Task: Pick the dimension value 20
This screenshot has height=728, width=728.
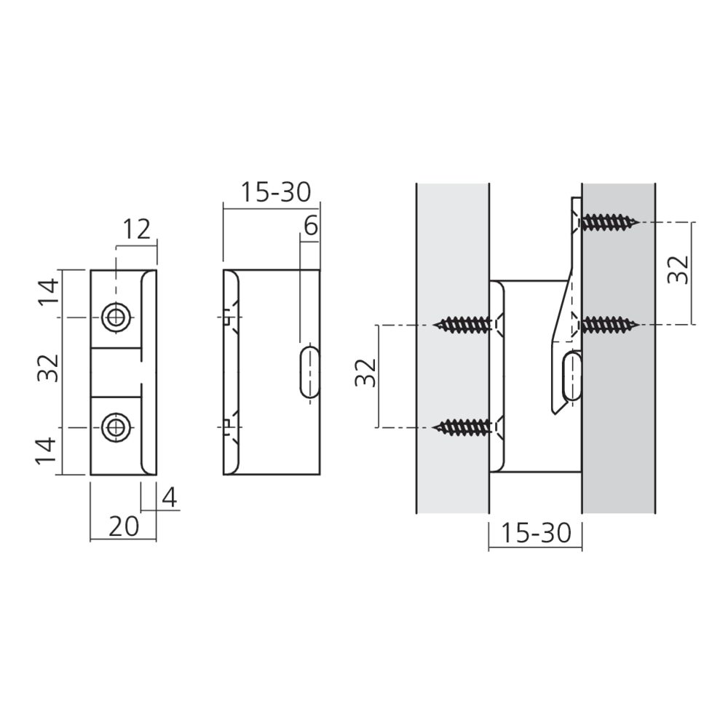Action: [x=123, y=526]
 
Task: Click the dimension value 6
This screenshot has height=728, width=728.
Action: [x=310, y=226]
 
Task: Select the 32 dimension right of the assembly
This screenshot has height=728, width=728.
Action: [x=678, y=272]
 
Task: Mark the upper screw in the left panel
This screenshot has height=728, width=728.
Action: [x=466, y=324]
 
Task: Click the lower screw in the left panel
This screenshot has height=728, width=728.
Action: [x=466, y=427]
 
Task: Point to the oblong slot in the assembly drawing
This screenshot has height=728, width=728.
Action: [x=572, y=376]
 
